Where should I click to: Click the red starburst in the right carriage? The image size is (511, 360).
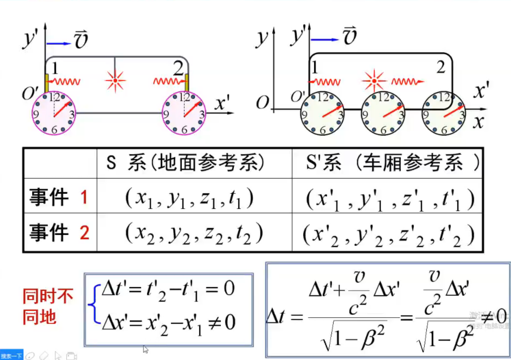[x=374, y=81]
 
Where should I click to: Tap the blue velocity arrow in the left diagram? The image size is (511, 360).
[x=58, y=44]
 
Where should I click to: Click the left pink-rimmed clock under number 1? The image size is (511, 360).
[x=54, y=113]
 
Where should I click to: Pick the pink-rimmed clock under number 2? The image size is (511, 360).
[x=184, y=113]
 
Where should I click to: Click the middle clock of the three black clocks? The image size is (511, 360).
[x=383, y=113]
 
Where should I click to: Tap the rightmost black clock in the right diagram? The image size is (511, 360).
[x=444, y=113]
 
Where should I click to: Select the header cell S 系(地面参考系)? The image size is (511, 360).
[x=186, y=163]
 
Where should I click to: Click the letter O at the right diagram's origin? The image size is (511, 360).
[x=262, y=103]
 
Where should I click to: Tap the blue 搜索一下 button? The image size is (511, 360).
[x=12, y=356]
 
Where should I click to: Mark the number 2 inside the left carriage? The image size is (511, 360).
[x=178, y=68]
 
